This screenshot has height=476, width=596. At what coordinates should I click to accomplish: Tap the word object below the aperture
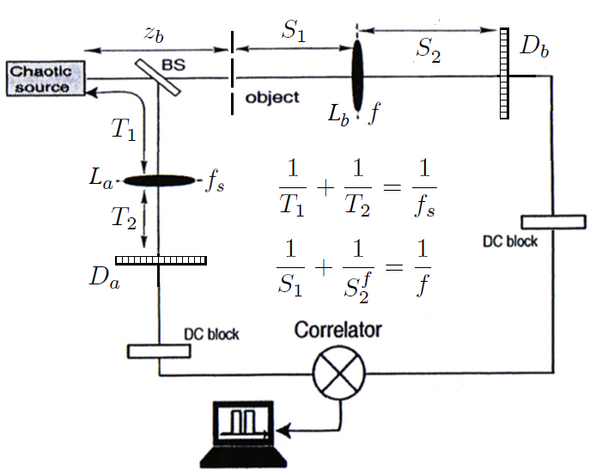point(272,97)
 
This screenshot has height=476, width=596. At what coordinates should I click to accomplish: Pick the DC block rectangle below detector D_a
point(160,351)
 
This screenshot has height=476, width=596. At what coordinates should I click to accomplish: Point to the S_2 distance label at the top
point(429,51)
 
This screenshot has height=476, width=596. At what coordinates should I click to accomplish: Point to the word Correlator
point(338,330)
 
